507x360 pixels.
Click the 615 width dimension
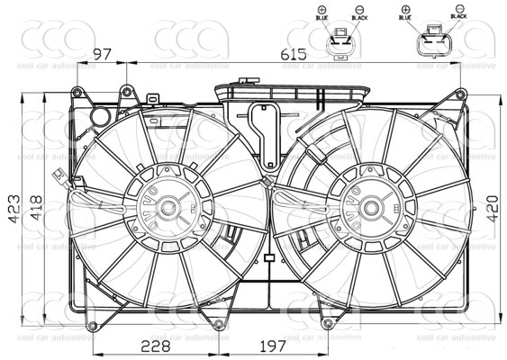coord(293,54)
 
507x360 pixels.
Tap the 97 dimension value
coord(102,54)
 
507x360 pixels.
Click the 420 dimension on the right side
coord(491,210)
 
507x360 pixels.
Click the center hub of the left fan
coord(167,207)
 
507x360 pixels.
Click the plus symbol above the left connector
coord(321,7)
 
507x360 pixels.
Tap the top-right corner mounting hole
coord(460,94)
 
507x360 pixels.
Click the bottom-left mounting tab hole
coord(89,323)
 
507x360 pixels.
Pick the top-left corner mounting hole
coord(78,91)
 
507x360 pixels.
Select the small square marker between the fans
coord(269,258)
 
